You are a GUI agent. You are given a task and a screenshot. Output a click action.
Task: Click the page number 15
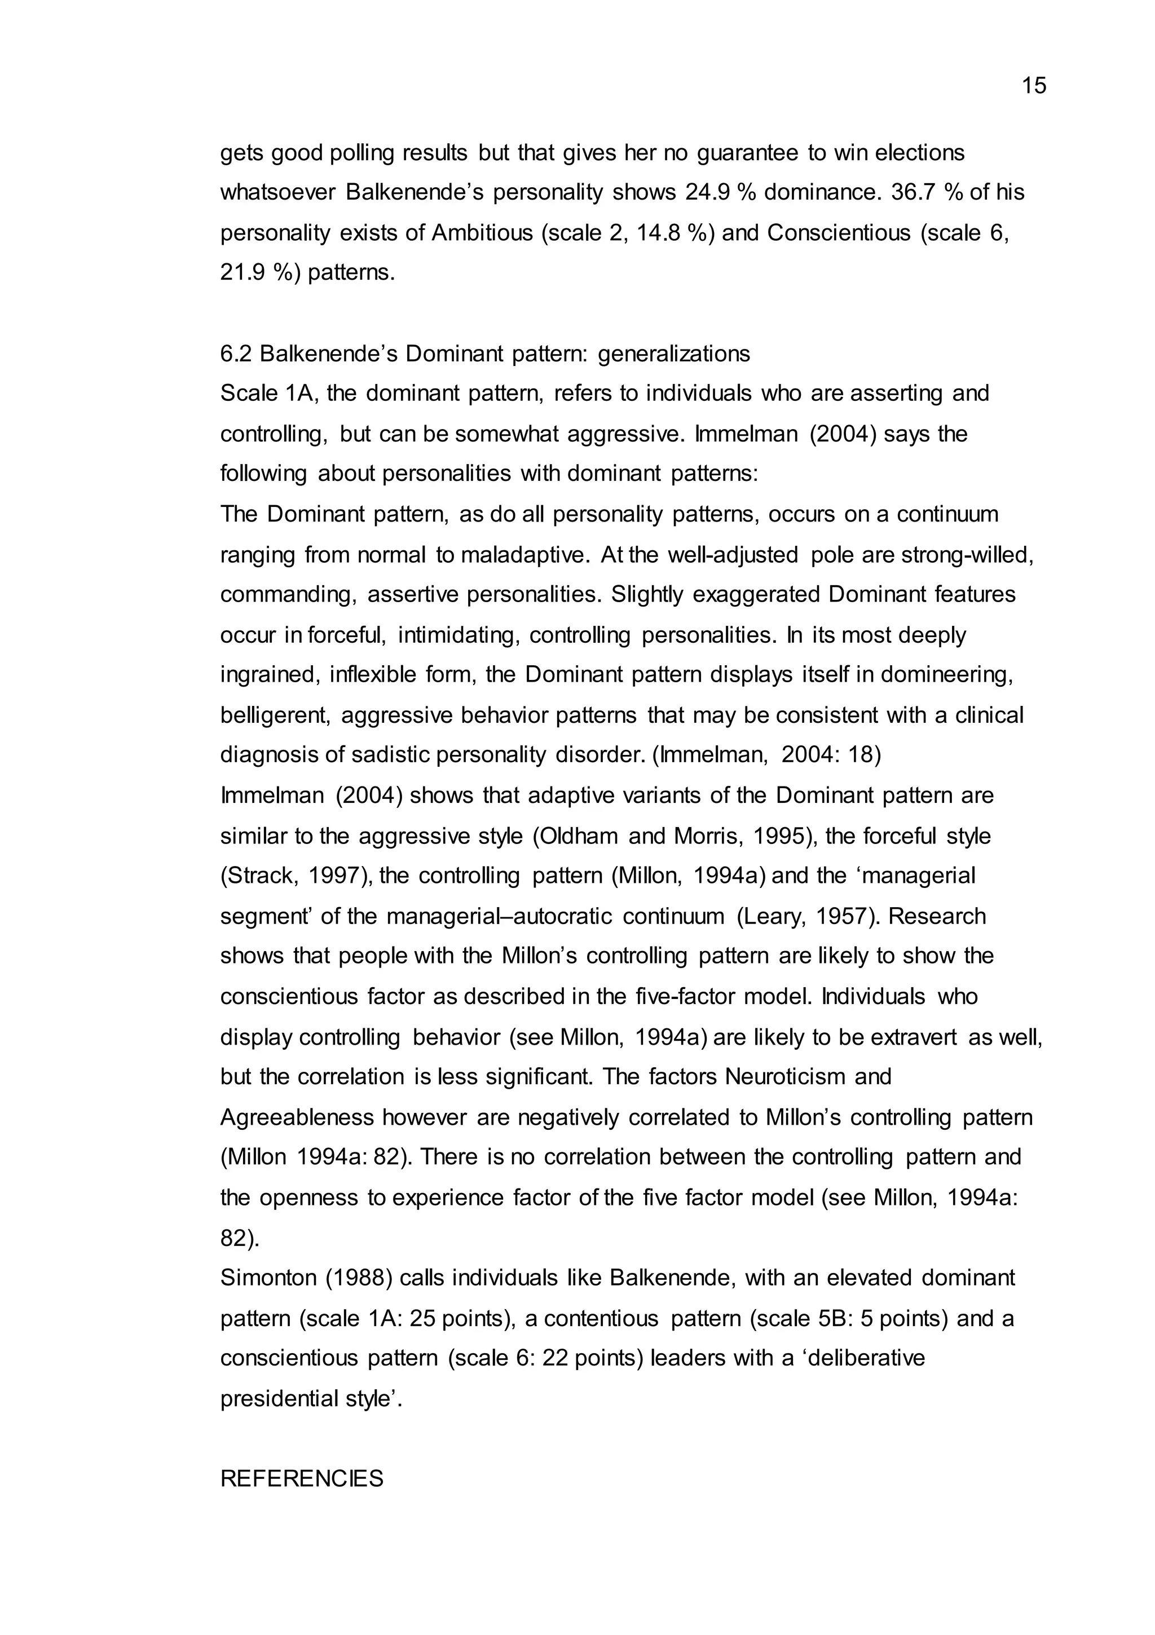pos(1033,86)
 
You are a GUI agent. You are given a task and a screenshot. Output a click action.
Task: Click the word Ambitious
pos(482,233)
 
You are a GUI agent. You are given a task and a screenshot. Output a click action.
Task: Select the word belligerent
pos(275,715)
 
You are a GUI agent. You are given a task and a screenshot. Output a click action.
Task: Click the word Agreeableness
pos(297,1116)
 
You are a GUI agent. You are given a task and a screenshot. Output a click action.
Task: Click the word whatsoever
pos(278,192)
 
